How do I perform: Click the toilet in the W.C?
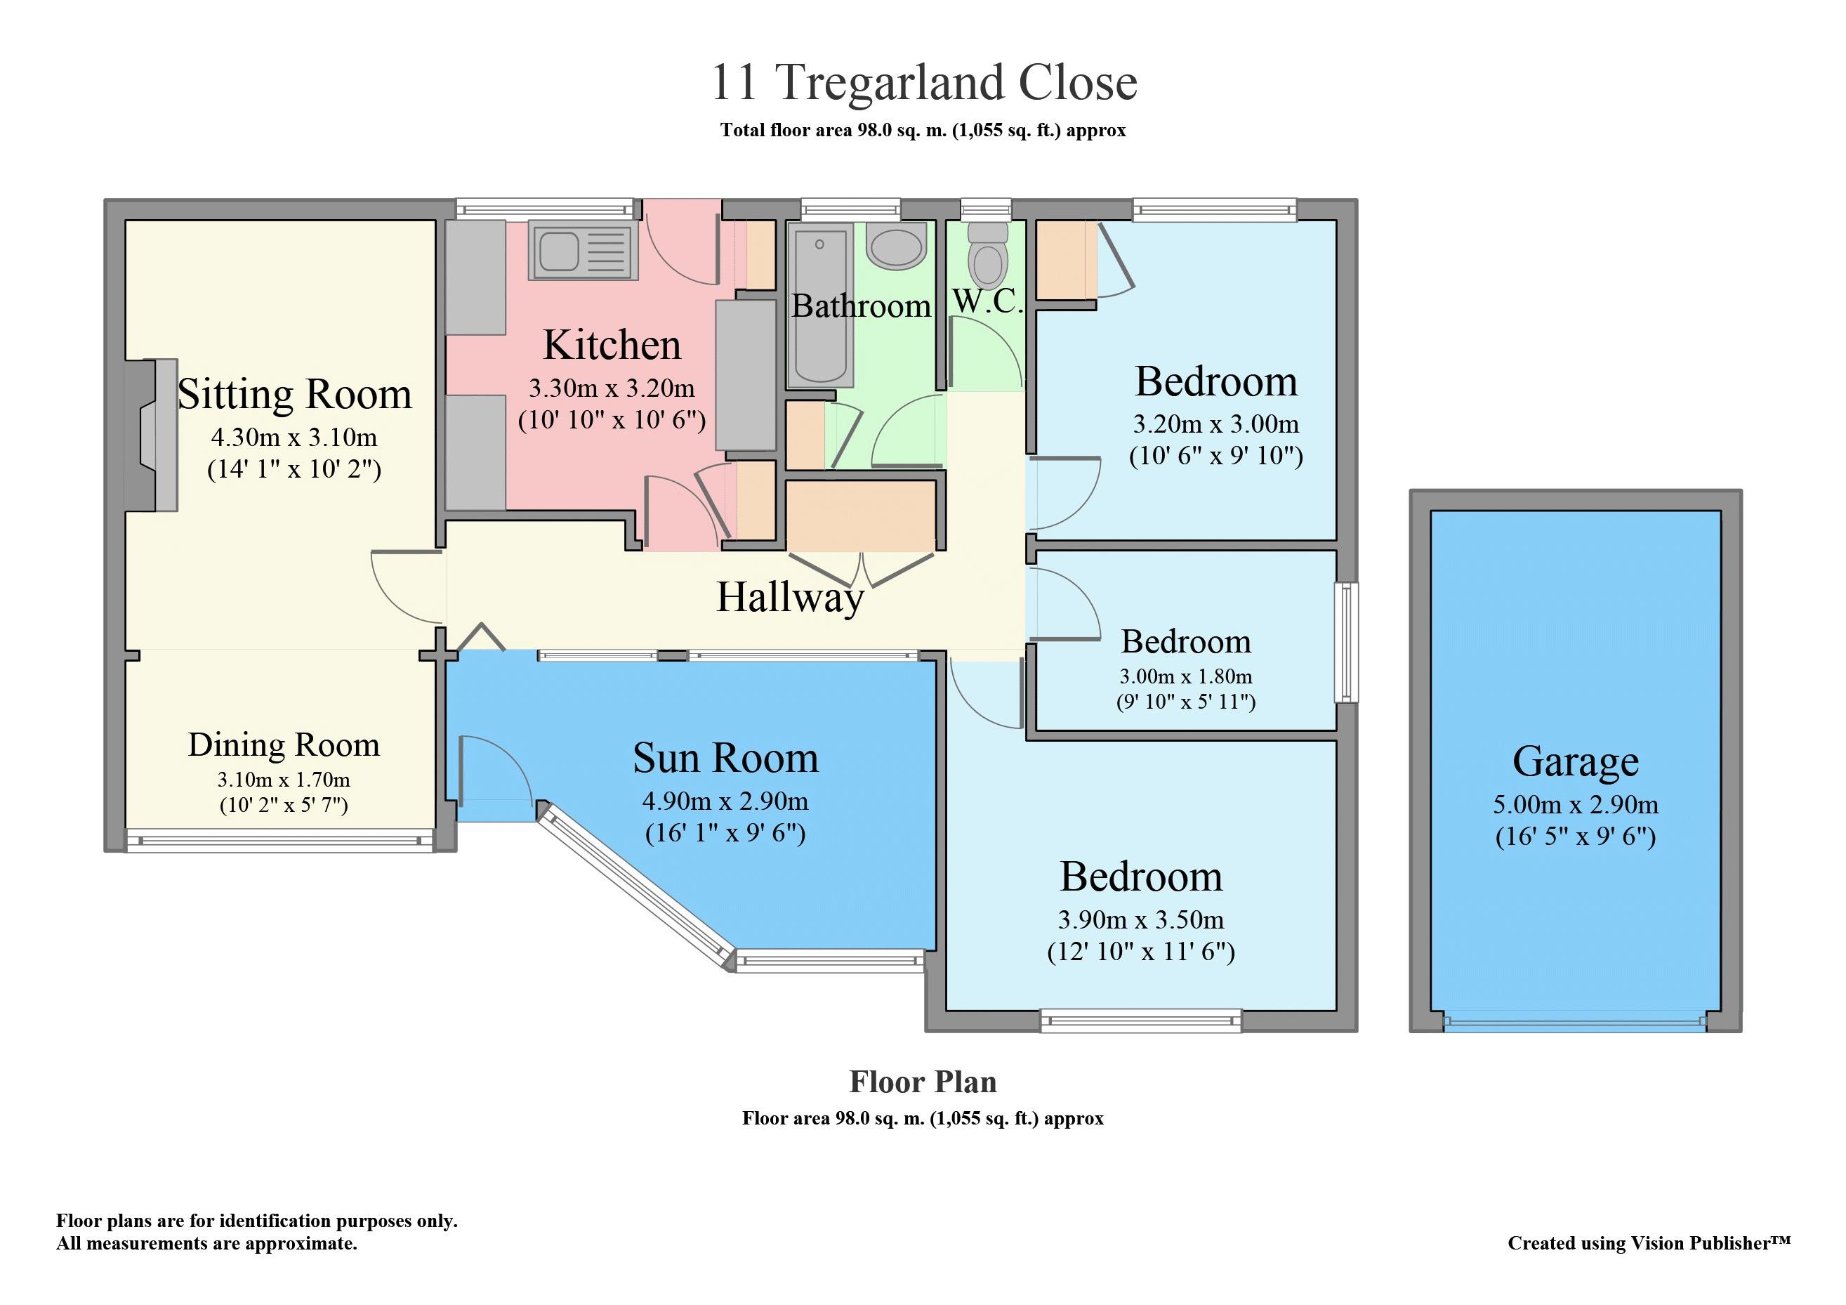click(988, 255)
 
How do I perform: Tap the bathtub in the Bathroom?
click(820, 306)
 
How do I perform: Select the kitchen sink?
click(583, 250)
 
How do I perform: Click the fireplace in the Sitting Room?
click(153, 435)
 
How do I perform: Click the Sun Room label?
click(725, 759)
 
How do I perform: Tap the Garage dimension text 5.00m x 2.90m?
click(1575, 804)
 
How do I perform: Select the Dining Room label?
click(284, 745)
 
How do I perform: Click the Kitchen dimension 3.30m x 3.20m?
click(611, 388)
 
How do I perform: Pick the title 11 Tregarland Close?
click(923, 82)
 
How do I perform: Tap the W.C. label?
click(987, 301)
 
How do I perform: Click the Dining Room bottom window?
click(279, 841)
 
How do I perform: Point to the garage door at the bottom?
click(1574, 1023)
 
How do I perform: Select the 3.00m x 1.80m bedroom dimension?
click(1185, 676)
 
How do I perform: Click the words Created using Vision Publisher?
click(1648, 1243)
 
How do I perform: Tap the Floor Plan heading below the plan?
click(923, 1082)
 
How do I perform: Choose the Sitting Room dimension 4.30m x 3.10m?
click(294, 438)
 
